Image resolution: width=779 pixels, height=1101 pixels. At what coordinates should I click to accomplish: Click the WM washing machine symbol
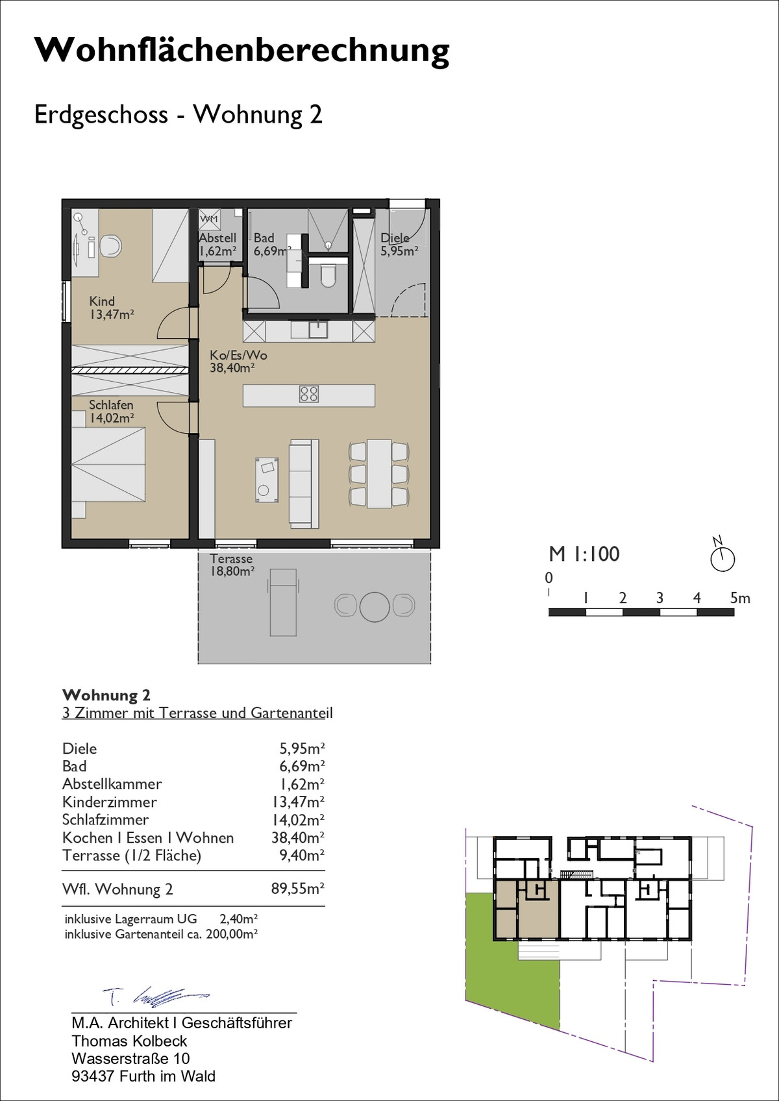click(210, 219)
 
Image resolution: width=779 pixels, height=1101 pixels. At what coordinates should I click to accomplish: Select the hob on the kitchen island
click(308, 394)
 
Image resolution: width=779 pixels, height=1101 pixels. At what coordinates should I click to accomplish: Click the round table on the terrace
click(375, 606)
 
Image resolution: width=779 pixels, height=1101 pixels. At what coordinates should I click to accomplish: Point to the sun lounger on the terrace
click(282, 602)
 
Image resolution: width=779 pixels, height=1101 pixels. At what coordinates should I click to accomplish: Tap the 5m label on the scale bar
click(739, 598)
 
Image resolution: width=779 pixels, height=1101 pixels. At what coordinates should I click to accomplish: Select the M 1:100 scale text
click(584, 554)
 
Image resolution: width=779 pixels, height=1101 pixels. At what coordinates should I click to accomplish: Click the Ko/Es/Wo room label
click(238, 355)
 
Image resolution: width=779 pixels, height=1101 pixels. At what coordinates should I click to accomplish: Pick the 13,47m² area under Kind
click(112, 315)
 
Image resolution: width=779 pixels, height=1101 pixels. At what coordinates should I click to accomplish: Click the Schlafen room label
click(111, 405)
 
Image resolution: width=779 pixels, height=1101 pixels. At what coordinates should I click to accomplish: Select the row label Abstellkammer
click(112, 784)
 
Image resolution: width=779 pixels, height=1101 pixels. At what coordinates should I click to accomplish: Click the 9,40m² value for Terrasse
click(302, 855)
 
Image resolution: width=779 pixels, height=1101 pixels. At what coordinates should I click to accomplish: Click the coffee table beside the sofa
click(267, 480)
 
